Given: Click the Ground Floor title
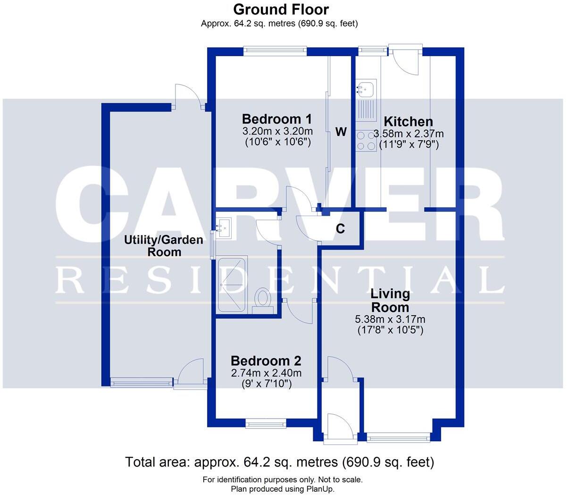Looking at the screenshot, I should (281, 9).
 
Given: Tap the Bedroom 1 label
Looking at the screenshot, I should (277, 119).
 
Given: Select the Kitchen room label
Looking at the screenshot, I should (408, 122).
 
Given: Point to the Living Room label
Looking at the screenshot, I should (390, 301).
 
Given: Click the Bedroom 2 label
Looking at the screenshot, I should (266, 361).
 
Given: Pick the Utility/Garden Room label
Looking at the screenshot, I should (164, 245).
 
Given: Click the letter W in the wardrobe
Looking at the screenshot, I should (341, 132).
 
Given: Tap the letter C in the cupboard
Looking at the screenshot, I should (340, 229).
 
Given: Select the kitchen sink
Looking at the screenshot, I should (366, 88).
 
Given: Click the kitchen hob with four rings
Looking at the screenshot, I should (366, 141).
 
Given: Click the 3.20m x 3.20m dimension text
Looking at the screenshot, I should (277, 131).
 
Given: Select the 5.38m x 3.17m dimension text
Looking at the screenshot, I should (390, 319).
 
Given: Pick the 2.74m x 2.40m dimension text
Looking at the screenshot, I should (266, 373).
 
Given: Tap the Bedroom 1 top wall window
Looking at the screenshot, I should (275, 49).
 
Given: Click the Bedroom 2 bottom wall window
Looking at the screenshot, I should (266, 424).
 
